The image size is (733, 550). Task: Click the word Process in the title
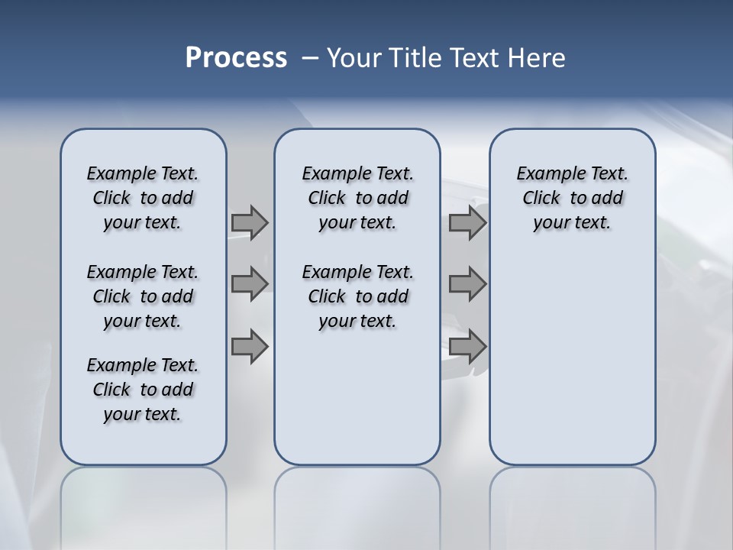click(236, 57)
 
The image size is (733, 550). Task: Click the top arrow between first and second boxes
click(250, 222)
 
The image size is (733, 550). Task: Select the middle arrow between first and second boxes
click(250, 284)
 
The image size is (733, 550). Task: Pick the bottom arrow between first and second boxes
click(250, 346)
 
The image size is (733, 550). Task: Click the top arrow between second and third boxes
click(467, 222)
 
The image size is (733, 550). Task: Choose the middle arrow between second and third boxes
click(467, 284)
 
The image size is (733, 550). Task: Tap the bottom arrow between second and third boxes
click(467, 346)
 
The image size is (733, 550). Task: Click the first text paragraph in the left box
click(143, 198)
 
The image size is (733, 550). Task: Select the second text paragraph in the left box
click(143, 296)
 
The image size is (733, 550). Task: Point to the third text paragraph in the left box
click(143, 390)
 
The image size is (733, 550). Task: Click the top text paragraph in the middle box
click(357, 198)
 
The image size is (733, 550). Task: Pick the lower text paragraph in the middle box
click(357, 296)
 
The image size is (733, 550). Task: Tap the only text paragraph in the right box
click(572, 198)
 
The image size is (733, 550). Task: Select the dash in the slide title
click(310, 58)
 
